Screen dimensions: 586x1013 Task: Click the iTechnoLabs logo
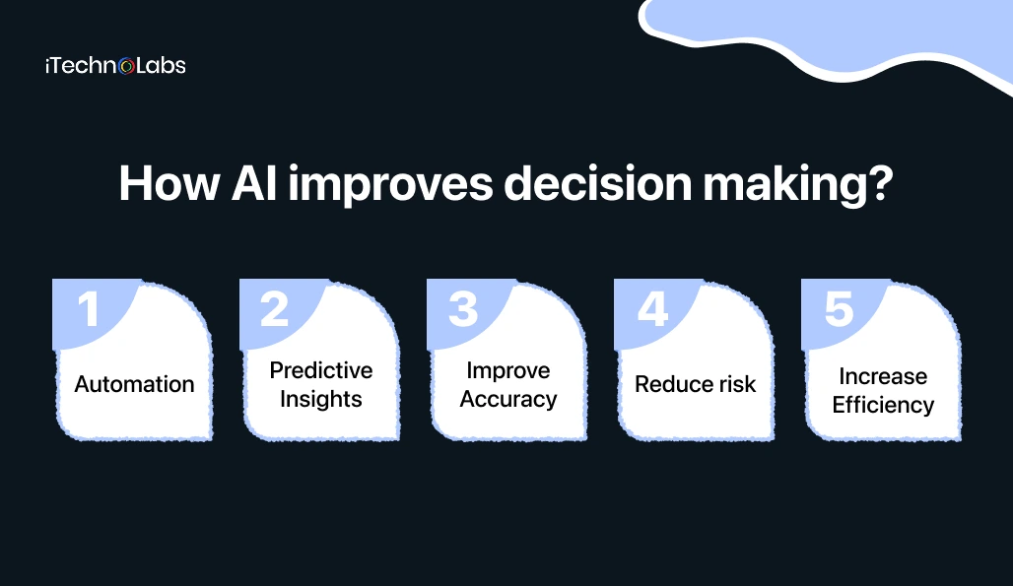[x=115, y=66]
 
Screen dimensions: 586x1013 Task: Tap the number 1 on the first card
[x=89, y=308]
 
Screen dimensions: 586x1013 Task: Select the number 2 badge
[x=275, y=308]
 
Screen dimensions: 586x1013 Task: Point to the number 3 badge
[x=462, y=308]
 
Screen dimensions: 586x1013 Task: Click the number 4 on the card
[x=650, y=308]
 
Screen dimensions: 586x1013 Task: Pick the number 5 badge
[x=838, y=308]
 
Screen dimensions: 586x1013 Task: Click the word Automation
[x=134, y=384]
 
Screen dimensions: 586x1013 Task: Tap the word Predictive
[x=321, y=370]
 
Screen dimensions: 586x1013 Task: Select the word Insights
[x=321, y=399]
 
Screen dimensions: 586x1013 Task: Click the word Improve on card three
[x=508, y=370]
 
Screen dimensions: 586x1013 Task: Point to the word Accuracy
[x=508, y=399]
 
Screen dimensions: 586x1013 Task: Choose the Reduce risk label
[x=696, y=384]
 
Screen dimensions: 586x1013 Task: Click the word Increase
[x=883, y=376]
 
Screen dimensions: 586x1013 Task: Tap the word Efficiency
[x=883, y=405]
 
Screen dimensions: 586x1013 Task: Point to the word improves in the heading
[x=380, y=185]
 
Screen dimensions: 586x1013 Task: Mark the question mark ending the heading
[x=880, y=183]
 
